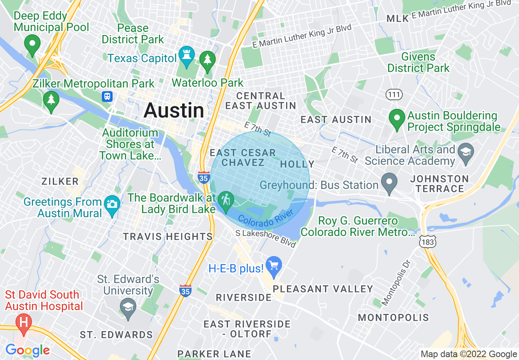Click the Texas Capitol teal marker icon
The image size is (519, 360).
coord(187,56)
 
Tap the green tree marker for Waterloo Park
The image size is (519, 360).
coord(208,61)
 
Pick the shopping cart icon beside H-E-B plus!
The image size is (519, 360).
coord(274,266)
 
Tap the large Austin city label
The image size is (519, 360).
coord(174,110)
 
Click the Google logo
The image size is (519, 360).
coord(27,350)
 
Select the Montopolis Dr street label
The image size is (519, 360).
coord(396,282)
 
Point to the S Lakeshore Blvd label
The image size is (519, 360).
coord(266,238)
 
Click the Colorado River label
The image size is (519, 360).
coord(266,218)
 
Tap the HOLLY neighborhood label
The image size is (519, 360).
coord(297,164)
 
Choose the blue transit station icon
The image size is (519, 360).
coord(107,97)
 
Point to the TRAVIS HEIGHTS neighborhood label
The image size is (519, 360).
coord(168,236)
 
